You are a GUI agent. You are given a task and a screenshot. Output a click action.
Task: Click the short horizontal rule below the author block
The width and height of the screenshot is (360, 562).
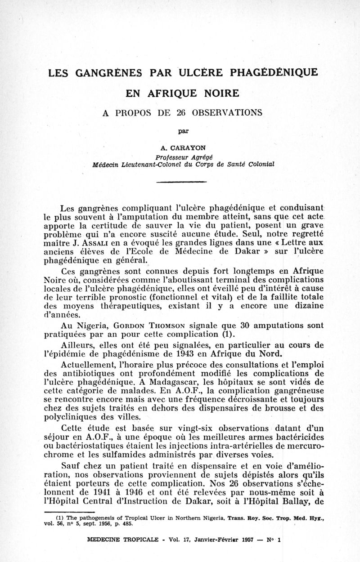pos(181,182)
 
